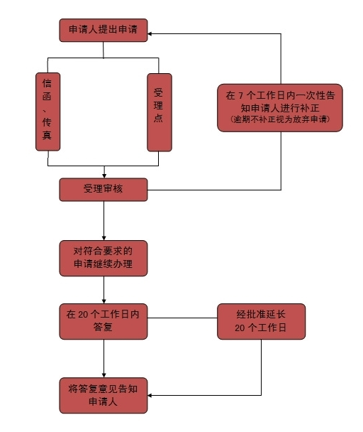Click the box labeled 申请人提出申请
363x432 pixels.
104,31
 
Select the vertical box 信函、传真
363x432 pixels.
48,112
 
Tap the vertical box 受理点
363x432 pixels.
160,112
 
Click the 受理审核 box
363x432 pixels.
104,190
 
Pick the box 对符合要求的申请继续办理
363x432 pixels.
104,258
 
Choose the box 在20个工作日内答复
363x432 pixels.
104,321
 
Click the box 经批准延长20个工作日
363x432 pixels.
261,321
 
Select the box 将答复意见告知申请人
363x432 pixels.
104,395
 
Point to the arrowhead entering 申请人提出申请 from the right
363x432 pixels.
150,34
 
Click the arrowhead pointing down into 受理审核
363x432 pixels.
104,176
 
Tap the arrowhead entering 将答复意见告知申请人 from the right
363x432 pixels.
150,395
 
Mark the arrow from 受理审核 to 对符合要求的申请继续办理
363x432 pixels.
104,221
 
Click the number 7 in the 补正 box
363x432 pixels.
240,96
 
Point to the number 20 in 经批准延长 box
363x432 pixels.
240,328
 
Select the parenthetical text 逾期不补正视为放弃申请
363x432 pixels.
280,119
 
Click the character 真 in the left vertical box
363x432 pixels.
47,135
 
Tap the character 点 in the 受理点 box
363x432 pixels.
158,118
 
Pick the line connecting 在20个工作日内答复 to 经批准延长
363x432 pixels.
182,318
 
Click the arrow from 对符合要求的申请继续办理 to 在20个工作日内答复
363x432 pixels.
104,290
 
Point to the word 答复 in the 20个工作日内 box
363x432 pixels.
103,327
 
